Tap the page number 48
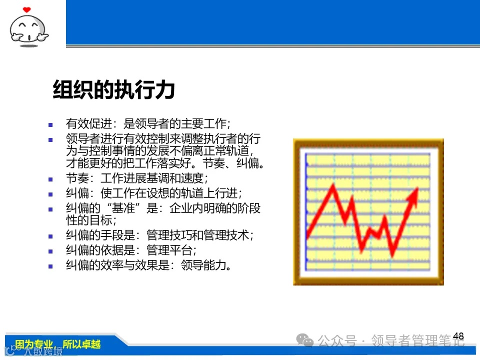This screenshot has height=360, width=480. [x=458, y=336]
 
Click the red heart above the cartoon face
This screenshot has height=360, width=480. [x=27, y=9]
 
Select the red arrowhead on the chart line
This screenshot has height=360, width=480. [x=413, y=196]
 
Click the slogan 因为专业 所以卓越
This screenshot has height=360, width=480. [x=58, y=344]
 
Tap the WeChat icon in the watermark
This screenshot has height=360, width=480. [x=304, y=340]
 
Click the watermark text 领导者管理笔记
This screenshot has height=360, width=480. [x=417, y=341]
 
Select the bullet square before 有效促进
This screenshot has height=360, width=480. [x=50, y=124]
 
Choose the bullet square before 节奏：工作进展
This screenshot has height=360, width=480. [x=50, y=178]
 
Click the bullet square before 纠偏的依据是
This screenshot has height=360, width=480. [x=50, y=251]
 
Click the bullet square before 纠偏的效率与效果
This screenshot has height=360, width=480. [x=50, y=266]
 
